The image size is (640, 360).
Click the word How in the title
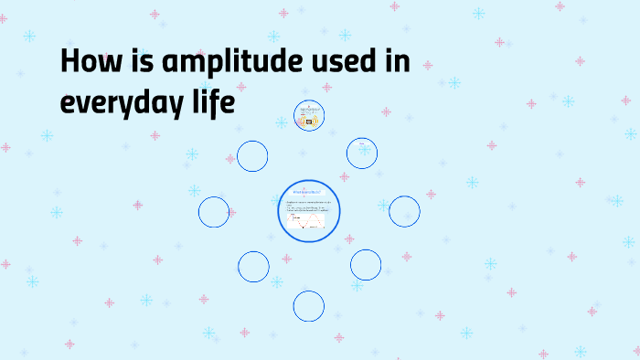(x=87, y=62)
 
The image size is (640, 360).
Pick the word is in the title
(x=135, y=62)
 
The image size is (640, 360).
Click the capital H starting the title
(x=69, y=62)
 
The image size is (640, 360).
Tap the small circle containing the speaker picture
(x=308, y=116)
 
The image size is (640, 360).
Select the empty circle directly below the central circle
(x=309, y=305)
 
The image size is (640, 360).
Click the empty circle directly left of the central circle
(x=214, y=212)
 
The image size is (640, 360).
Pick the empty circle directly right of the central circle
(x=404, y=211)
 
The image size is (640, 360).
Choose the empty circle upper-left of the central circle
(x=252, y=155)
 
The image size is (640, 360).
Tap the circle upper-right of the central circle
(x=362, y=153)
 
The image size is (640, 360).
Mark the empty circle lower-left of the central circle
(x=253, y=266)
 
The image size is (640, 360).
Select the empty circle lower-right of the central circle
(x=365, y=265)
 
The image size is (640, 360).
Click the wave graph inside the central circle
(x=303, y=222)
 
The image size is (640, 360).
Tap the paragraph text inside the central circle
(x=308, y=206)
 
